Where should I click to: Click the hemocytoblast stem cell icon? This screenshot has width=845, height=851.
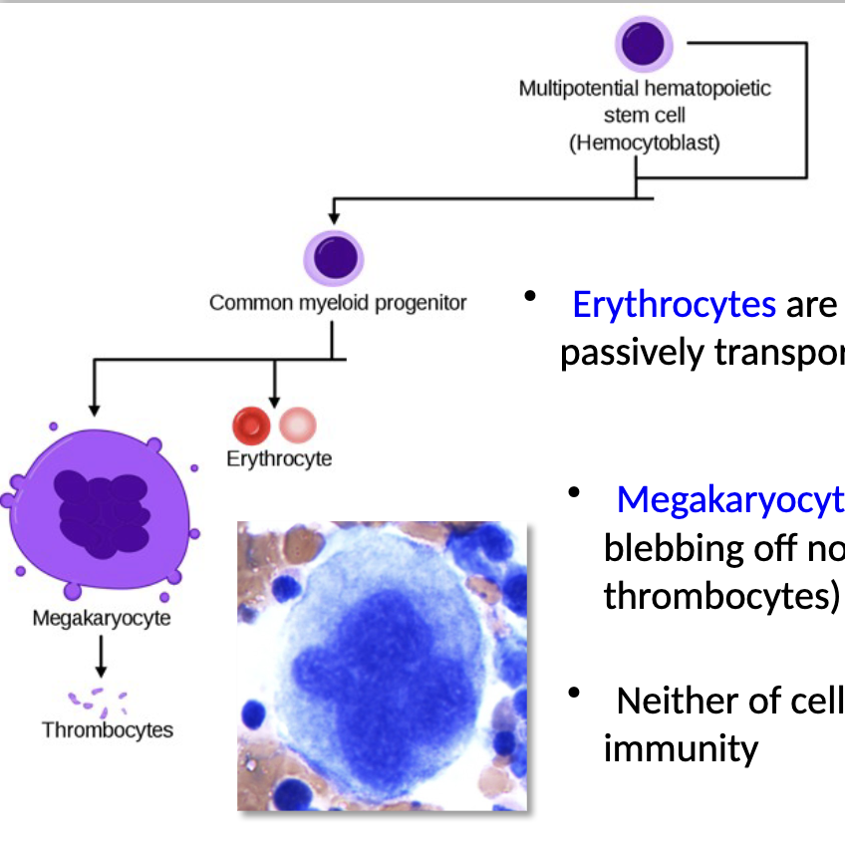pos(644,45)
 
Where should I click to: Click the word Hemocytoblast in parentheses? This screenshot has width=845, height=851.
pos(645,142)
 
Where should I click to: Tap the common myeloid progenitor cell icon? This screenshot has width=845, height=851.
pos(335,257)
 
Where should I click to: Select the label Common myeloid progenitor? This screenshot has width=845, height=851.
pos(338,302)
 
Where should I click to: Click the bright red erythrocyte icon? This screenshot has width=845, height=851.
pos(251,425)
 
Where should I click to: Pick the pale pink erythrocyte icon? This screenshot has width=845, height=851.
pos(297,425)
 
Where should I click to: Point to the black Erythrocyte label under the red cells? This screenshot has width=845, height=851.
pos(279,459)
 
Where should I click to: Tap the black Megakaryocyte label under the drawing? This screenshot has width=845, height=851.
pos(102,618)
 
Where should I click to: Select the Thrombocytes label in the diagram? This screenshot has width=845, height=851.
pos(108,729)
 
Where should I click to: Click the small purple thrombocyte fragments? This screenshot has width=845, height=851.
pos(97,699)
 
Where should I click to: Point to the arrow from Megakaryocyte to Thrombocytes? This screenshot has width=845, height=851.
pos(101,659)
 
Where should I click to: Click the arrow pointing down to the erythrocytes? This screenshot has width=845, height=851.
pos(274,383)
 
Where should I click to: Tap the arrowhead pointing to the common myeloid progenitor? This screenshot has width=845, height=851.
pos(336,214)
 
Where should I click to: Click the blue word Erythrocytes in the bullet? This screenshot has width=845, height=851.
pos(674,304)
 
